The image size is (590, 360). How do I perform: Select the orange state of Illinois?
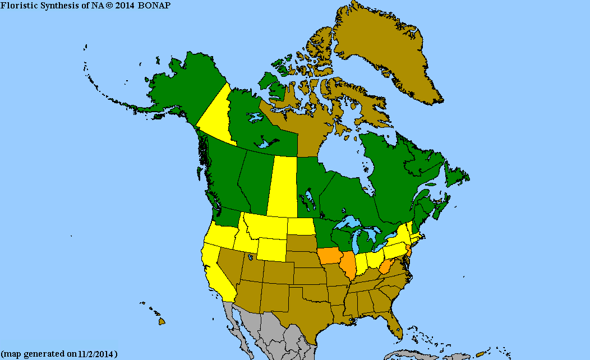(348, 266)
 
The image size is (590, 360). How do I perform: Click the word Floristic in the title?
(17, 5)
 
